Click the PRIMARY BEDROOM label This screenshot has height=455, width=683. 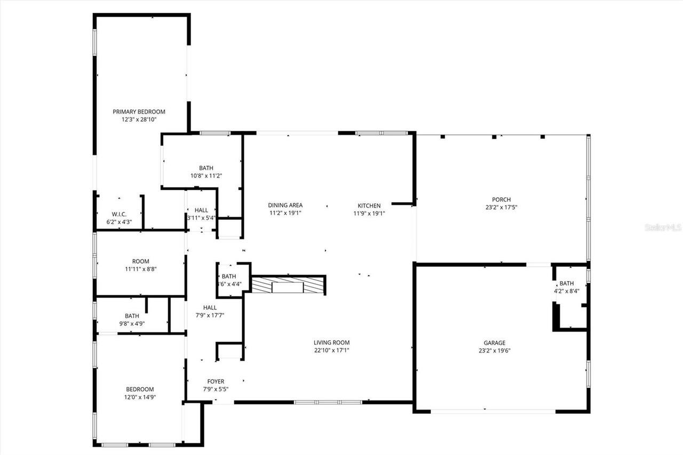coord(139,112)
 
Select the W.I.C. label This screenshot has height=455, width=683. coord(119,214)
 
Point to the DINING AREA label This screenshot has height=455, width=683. coord(285,205)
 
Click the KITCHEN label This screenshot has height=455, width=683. coord(369,206)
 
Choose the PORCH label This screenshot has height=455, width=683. coord(501,200)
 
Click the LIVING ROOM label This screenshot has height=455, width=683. coord(331,342)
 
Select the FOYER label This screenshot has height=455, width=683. coord(216,381)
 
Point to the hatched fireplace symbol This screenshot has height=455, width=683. coord(288,285)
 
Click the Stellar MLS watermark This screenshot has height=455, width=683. coord(663,227)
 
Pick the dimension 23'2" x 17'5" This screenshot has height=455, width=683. coord(501,208)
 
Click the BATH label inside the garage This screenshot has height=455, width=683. coord(567,283)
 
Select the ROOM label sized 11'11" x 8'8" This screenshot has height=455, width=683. coord(140,261)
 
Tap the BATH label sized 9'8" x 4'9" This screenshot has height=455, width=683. coord(132,316)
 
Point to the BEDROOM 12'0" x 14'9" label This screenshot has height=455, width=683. coord(140,389)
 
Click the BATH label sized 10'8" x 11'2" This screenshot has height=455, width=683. coord(206,167)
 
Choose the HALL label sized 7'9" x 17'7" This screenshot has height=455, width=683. coord(210,307)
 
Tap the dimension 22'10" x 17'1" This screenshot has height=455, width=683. coord(331,350)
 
